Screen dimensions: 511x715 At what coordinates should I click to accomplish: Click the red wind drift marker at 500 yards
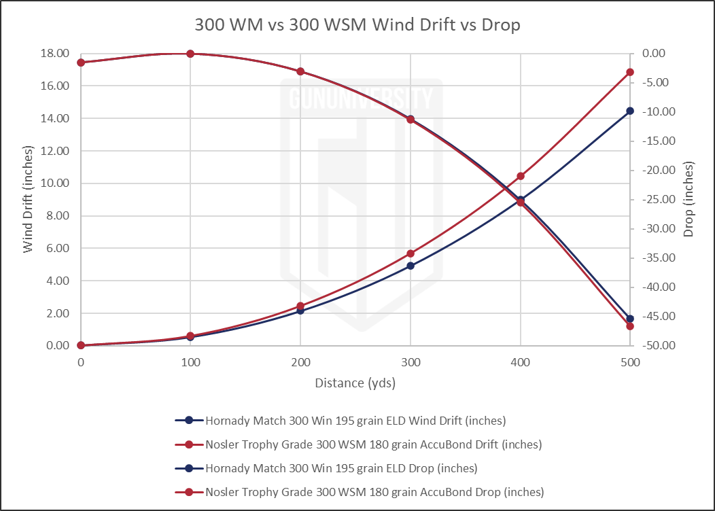[x=630, y=72]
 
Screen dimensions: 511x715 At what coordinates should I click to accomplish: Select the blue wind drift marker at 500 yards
[x=630, y=111]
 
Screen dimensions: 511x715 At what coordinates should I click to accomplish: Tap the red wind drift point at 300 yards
[x=411, y=253]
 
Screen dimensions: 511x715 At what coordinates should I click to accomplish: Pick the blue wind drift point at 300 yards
[x=411, y=266]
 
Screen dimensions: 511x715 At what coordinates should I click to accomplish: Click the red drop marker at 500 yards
[x=630, y=326]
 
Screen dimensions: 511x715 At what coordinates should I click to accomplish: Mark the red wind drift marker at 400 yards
[x=521, y=177]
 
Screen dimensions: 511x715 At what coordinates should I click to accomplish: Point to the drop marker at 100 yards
[x=190, y=54]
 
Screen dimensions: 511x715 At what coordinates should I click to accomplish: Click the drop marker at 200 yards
[x=300, y=71]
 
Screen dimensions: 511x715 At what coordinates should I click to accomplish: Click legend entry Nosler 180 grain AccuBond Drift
[x=373, y=444]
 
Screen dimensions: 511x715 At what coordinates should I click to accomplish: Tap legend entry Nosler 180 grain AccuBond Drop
[x=374, y=491]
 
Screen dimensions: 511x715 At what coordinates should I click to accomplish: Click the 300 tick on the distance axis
[x=410, y=363]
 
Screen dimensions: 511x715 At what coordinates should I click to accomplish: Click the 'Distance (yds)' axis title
[x=355, y=383]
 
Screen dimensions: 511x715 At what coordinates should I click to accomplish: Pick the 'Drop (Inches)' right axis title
[x=688, y=199]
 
